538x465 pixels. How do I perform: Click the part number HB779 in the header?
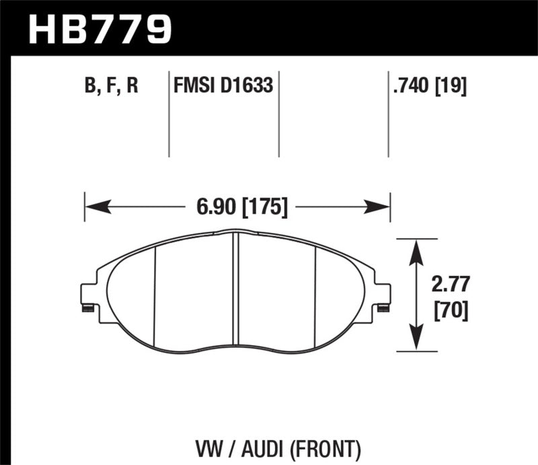(100, 28)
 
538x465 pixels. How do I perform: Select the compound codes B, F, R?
(110, 86)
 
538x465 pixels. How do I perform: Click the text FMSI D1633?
(223, 86)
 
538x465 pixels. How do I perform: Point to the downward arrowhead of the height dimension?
(417, 343)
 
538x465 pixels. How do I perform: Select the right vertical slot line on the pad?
(315, 293)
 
